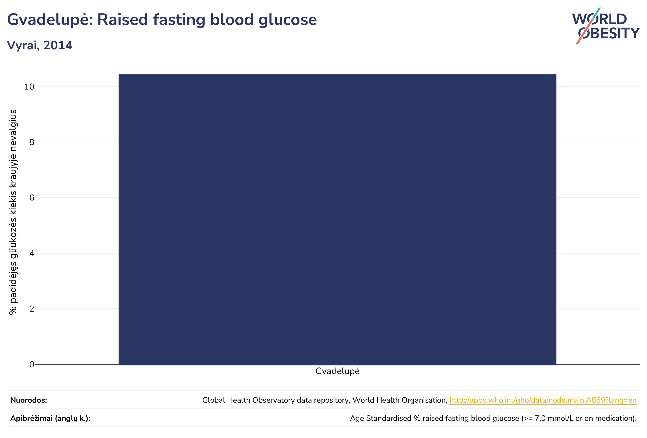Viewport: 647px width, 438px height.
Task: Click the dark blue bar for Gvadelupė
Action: (x=337, y=220)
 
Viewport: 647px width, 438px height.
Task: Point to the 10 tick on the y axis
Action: (x=29, y=87)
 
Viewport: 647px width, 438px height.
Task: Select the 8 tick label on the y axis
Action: (x=32, y=142)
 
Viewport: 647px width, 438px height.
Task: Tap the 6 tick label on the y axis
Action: (x=32, y=198)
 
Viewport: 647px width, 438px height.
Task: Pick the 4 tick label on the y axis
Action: (x=32, y=253)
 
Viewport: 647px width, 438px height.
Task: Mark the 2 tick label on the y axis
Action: (x=32, y=309)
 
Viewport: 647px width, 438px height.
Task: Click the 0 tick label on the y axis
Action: (x=32, y=364)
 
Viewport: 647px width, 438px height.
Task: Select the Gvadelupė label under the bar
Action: (x=337, y=372)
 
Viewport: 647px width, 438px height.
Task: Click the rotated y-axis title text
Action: (x=13, y=212)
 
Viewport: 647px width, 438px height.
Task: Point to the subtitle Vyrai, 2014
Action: (x=40, y=45)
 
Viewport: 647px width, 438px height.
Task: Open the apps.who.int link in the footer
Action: (x=543, y=400)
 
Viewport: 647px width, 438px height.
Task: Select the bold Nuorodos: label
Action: (x=29, y=400)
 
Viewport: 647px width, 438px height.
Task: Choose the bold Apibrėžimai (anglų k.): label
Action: (x=50, y=419)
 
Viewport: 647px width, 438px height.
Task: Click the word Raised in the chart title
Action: (x=122, y=20)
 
